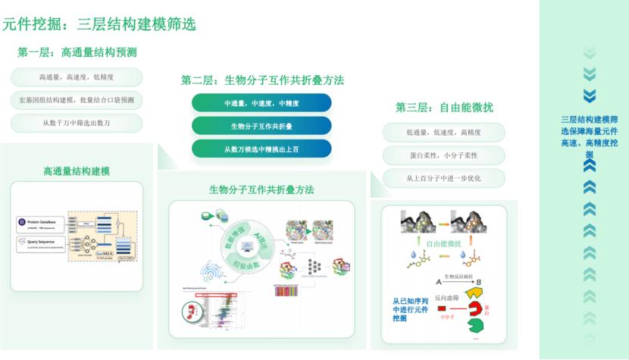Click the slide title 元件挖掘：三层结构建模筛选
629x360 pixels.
[99, 24]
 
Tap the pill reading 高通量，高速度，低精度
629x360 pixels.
[77, 77]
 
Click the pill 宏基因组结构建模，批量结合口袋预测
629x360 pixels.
[77, 100]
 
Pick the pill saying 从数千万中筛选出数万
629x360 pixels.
[77, 123]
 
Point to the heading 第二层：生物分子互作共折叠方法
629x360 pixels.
[263, 80]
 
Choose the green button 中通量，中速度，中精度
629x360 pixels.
[261, 103]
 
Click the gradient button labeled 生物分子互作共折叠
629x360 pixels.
[261, 126]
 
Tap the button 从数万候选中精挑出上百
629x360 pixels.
[261, 149]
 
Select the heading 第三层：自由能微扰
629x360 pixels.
[444, 108]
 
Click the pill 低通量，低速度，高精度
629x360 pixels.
[443, 133]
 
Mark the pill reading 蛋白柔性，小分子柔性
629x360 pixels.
[443, 155]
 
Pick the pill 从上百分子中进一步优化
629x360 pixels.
[443, 179]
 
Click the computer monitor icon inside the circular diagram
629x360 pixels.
[247, 245]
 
